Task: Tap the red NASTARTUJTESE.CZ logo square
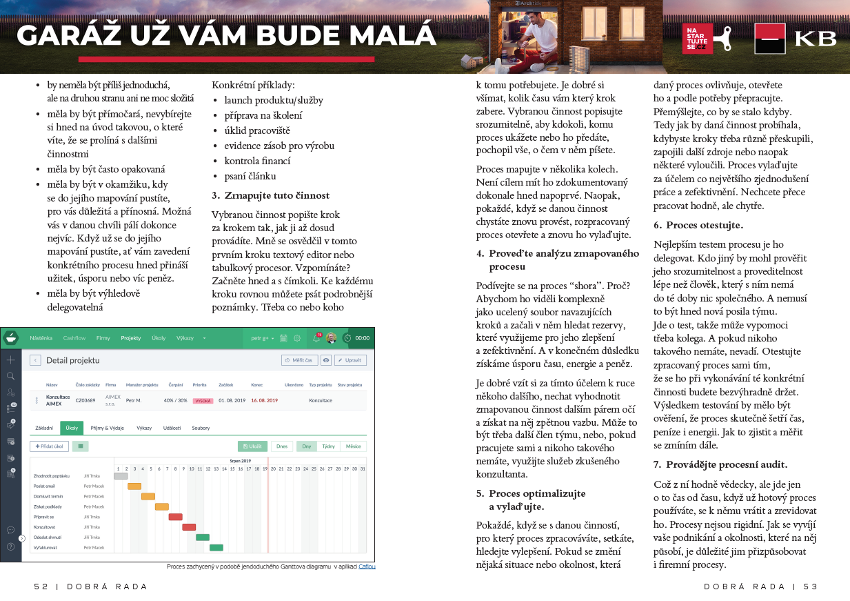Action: (x=697, y=38)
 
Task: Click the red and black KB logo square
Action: (x=770, y=39)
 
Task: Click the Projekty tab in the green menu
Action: (x=131, y=338)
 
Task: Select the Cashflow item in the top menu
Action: (x=74, y=338)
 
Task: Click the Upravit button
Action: (x=350, y=360)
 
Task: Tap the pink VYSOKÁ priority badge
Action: (x=203, y=401)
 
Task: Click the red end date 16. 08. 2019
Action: (x=264, y=400)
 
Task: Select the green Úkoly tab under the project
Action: (x=72, y=428)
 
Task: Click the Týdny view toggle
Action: (x=328, y=446)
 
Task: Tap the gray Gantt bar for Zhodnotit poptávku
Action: (x=121, y=475)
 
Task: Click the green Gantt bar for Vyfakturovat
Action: (x=216, y=547)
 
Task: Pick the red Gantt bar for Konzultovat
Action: (x=189, y=527)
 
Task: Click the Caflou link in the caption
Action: (x=367, y=566)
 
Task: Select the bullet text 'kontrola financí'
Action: (x=257, y=161)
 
